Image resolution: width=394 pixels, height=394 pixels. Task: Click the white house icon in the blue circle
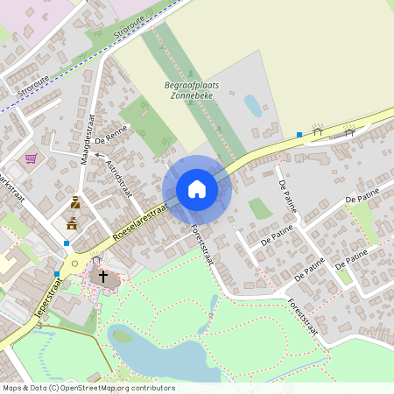click(197, 189)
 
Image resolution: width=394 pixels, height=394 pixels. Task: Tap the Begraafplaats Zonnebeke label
click(192, 89)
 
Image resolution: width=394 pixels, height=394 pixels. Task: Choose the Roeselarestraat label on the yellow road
click(140, 223)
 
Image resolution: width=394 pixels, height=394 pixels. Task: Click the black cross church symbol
click(102, 277)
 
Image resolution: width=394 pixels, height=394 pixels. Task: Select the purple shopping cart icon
click(32, 158)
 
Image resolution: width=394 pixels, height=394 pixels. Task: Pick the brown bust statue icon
click(74, 203)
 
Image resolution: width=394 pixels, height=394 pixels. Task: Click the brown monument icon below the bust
click(71, 223)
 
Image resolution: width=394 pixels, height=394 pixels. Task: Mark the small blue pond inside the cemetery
click(252, 106)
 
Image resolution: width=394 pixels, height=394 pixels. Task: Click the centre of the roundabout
click(74, 262)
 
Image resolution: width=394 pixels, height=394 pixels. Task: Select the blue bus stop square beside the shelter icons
click(299, 135)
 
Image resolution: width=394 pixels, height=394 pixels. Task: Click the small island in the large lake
click(122, 335)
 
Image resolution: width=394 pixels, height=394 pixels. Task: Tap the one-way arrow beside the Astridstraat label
click(100, 155)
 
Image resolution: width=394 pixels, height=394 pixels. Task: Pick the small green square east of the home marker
click(259, 208)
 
